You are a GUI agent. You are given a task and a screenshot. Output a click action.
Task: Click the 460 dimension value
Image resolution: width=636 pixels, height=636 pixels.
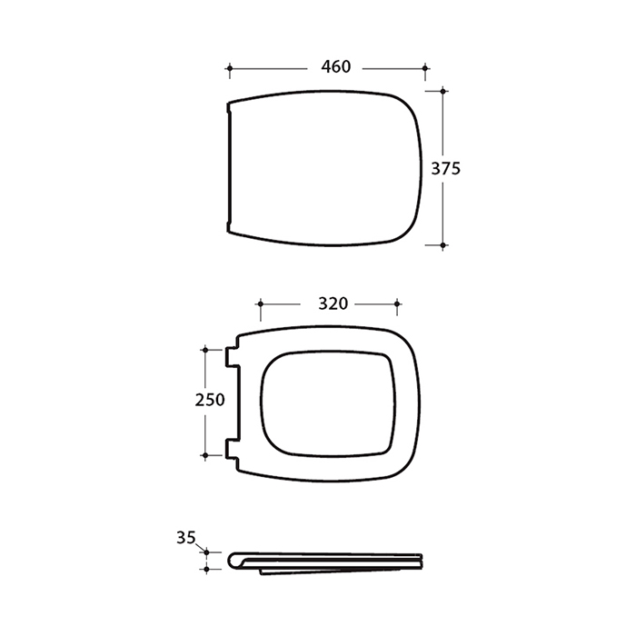[x=336, y=67]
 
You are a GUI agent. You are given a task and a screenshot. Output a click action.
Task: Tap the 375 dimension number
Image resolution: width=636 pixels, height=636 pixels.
[x=446, y=168]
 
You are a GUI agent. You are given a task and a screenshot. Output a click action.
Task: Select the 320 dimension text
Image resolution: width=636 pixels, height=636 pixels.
[x=333, y=303]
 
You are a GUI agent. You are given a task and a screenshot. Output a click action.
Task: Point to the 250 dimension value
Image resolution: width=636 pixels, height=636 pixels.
[x=210, y=400]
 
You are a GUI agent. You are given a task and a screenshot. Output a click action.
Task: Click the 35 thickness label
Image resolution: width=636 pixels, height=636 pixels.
[x=186, y=538]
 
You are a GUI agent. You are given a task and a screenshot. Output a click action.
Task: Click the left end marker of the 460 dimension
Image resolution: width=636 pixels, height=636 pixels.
[x=230, y=68]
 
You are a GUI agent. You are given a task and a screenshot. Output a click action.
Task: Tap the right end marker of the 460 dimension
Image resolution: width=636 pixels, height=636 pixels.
[x=425, y=68]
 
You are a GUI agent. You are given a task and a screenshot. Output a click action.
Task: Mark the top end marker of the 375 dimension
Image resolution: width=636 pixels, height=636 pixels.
[x=443, y=91]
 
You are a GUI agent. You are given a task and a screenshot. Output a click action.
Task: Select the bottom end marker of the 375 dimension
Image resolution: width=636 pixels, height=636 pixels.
[x=443, y=245]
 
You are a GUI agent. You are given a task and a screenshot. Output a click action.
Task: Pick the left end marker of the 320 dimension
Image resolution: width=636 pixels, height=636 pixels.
[x=261, y=303]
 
